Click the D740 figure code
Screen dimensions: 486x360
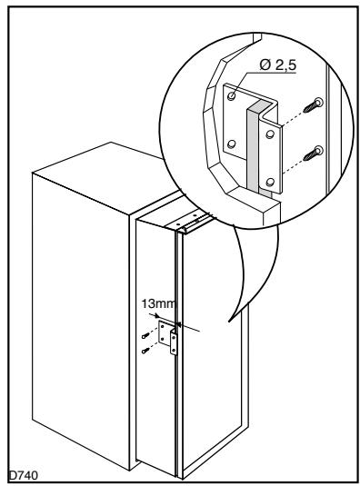(x=22, y=471)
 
